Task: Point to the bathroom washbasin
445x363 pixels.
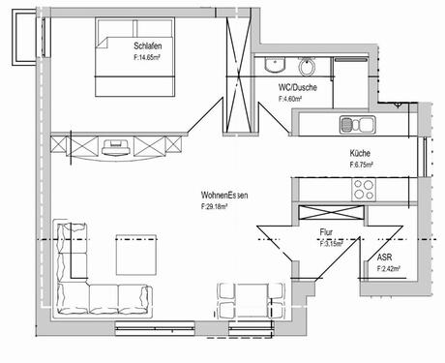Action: tap(307, 67)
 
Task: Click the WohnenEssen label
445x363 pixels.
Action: tap(224, 195)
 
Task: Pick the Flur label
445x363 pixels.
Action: tap(327, 233)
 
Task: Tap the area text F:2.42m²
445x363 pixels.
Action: tap(390, 271)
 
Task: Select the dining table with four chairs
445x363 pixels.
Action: tap(251, 299)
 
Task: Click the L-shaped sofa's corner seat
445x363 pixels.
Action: tap(69, 297)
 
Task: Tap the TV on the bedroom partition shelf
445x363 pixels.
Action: tap(117, 145)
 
